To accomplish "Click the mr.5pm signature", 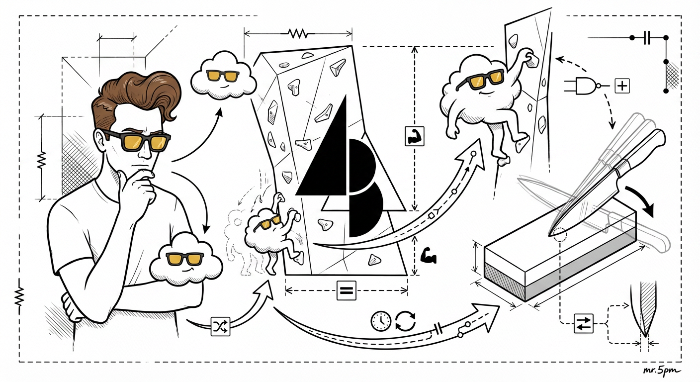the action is pos(662,371).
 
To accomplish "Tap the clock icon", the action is pos(381,321).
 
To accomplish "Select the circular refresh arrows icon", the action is pos(406,321).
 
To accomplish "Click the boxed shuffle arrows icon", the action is pos(220,327).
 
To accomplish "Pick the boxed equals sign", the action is pos(346,290).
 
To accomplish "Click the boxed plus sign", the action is pos(622,86).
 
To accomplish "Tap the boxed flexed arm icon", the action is pos(414,136).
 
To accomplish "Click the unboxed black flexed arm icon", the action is pos(428,256).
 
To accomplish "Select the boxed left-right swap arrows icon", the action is pos(584,323).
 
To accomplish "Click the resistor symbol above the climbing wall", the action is pos(297,33).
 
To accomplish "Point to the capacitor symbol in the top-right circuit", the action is pos(648,38).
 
